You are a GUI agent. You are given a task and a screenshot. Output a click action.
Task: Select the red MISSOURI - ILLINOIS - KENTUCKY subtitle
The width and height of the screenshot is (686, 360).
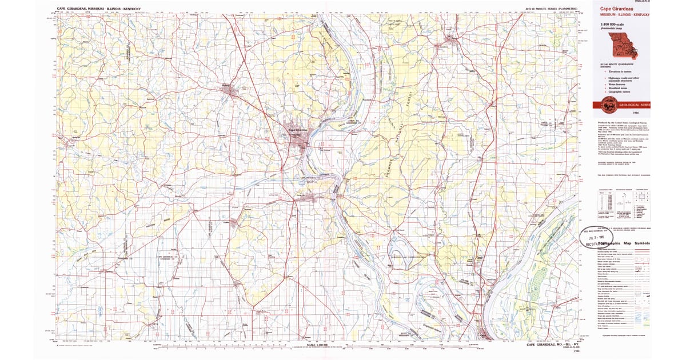coord(624,14)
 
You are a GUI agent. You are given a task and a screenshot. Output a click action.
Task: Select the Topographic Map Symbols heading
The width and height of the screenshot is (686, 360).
coord(623,243)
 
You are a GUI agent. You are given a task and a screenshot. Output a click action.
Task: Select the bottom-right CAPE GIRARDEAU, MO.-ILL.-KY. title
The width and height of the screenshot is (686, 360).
coord(552,345)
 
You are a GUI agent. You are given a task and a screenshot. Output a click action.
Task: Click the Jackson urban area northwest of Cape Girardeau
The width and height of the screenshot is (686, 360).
coord(232,90)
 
